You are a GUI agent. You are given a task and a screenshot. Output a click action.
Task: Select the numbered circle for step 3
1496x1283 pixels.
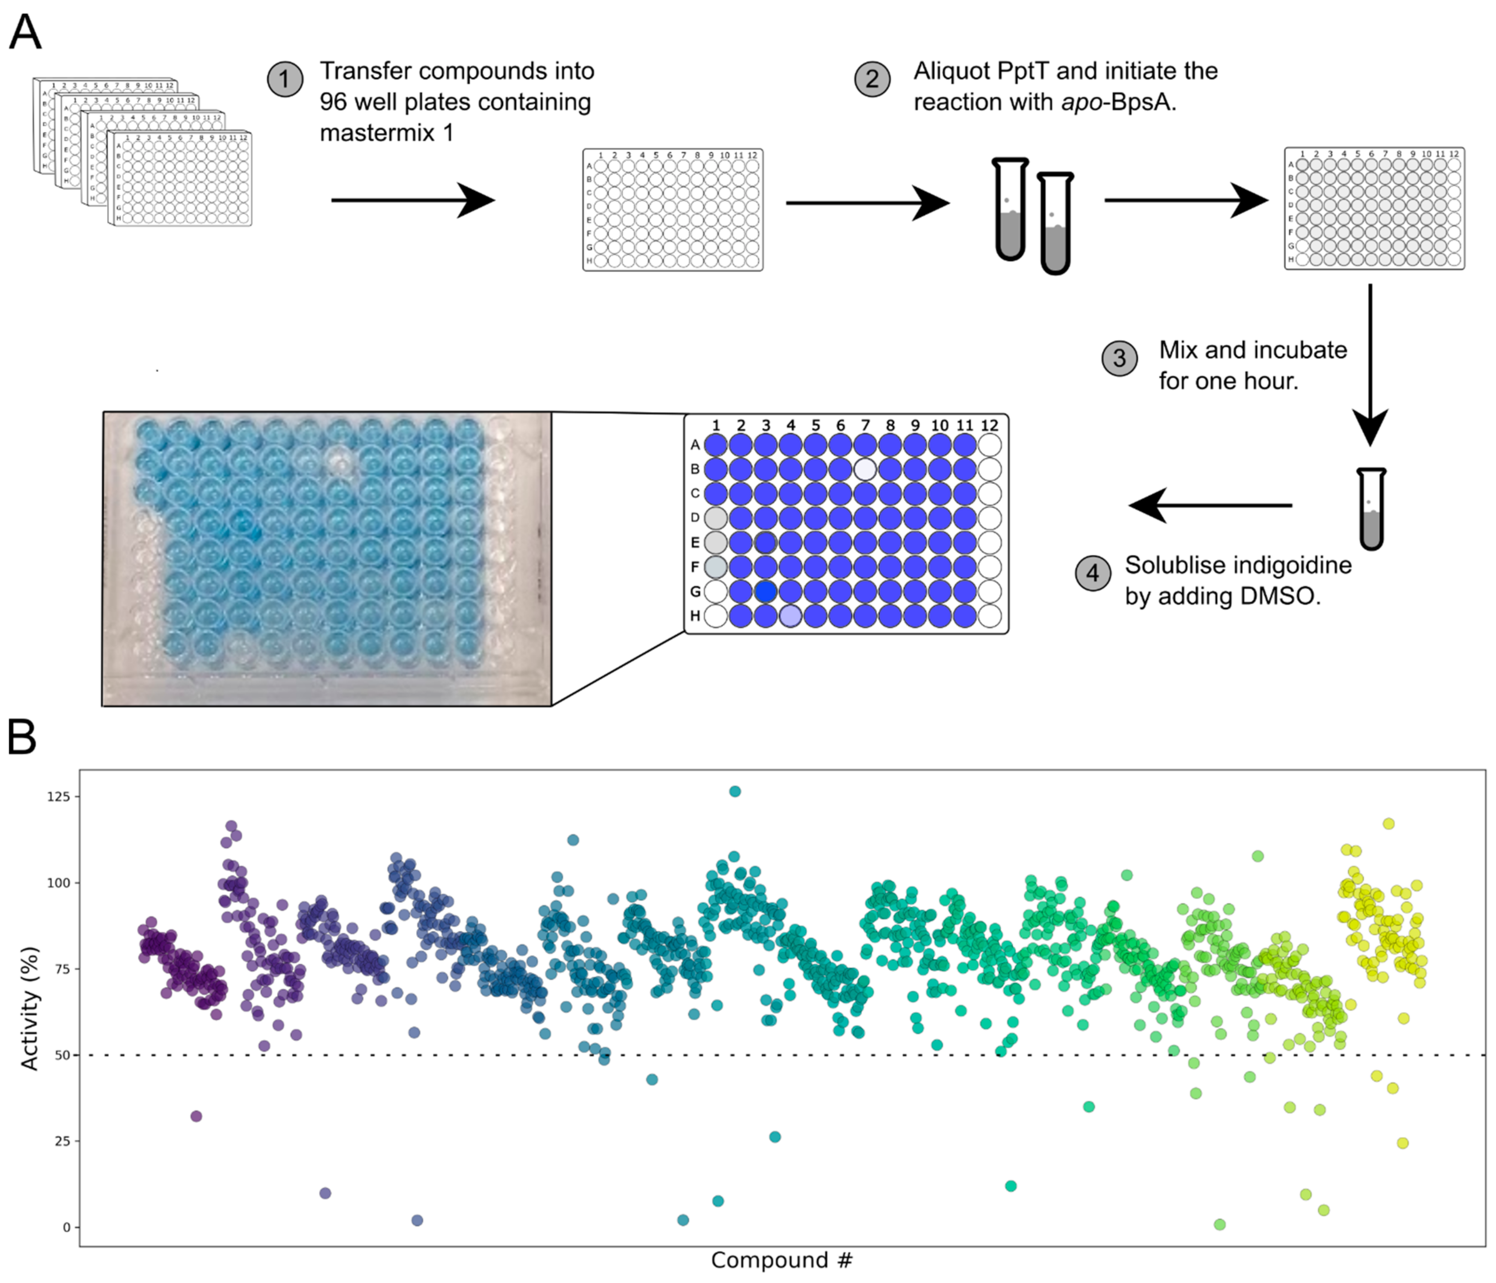pos(1119,358)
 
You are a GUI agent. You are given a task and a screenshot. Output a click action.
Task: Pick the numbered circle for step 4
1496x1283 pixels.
pos(1093,573)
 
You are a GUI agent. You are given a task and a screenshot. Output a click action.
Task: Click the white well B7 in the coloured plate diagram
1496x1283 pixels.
pos(865,469)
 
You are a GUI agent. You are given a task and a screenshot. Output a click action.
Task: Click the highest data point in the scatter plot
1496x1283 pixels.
pos(735,791)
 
